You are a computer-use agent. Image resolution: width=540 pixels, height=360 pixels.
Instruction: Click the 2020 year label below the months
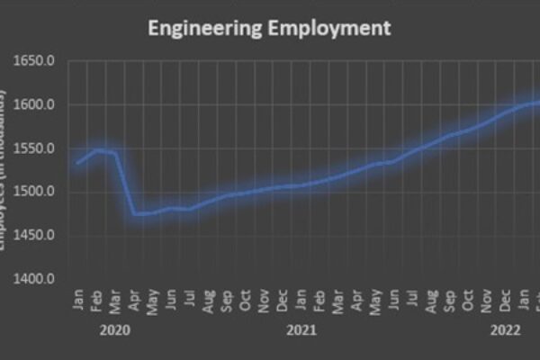pos(116,330)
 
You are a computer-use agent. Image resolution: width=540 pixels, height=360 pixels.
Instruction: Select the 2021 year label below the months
pos(301,330)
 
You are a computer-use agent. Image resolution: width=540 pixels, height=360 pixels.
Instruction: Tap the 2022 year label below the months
pos(505,330)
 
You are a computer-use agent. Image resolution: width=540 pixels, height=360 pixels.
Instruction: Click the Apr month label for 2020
pos(134,299)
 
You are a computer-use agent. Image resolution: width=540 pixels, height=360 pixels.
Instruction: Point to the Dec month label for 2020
pos(283,299)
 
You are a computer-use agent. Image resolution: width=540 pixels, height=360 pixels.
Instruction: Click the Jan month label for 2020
pos(78,300)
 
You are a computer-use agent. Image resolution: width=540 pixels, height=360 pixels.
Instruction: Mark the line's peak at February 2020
pos(97,149)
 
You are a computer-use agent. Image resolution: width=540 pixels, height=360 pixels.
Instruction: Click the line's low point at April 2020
pos(134,214)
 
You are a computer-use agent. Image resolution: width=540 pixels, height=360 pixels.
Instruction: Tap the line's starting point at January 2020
pos(78,163)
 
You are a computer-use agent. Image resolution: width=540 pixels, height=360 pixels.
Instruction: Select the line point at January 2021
pos(301,185)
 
